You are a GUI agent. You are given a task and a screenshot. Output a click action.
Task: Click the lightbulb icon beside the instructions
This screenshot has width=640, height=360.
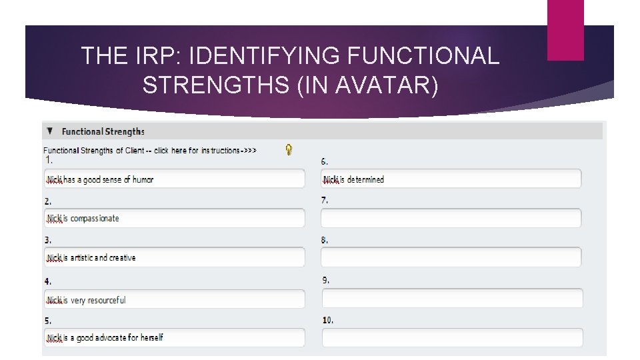[x=289, y=150]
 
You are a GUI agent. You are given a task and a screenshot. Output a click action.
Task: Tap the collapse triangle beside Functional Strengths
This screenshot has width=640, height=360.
[x=50, y=131]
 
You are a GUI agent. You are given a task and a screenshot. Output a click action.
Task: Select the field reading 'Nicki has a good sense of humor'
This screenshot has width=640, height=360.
[x=175, y=179]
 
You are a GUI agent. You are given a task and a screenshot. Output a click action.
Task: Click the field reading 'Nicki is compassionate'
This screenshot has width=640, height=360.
[x=175, y=219]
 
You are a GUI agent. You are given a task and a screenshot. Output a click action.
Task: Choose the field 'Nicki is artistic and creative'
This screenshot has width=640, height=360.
[x=175, y=258]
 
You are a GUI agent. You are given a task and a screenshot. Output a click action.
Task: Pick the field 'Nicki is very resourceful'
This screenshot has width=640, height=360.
[x=175, y=300]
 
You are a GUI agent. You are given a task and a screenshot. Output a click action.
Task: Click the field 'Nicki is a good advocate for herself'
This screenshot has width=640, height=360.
[x=175, y=338]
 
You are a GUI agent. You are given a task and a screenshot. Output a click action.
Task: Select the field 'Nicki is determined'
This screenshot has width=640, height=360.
[x=451, y=179]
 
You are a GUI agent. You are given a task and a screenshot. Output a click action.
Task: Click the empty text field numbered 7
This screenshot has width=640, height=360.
[x=451, y=219]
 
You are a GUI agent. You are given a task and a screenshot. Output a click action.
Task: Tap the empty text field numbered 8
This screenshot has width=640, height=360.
[x=451, y=258]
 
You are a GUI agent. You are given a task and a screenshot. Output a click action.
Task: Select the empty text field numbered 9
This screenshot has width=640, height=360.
[x=452, y=298]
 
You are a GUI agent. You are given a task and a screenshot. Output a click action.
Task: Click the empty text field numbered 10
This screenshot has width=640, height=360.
[x=452, y=338]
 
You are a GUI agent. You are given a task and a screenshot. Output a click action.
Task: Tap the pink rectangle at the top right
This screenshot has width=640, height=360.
[x=565, y=30]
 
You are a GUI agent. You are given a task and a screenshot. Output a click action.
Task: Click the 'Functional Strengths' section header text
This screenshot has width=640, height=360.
[x=103, y=131]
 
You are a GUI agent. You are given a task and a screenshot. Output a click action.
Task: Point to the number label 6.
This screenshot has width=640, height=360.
[x=324, y=161]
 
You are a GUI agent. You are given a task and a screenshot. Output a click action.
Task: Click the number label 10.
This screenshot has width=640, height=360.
[x=328, y=321]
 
